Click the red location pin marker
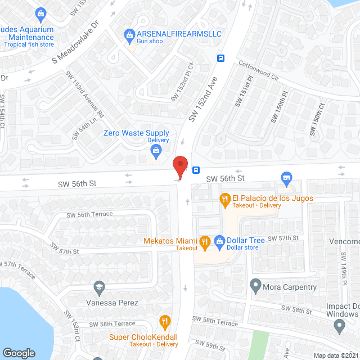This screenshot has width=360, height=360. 180,166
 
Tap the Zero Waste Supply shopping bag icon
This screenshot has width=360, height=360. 156,150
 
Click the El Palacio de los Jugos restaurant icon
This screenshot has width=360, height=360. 224,198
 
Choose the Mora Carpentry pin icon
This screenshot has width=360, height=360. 255,287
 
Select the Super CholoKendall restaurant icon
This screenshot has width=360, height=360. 164,323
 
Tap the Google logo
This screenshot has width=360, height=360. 19,353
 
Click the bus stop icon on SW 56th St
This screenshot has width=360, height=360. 196,170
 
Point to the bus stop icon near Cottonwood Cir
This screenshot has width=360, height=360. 221,57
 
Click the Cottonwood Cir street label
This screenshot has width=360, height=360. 258,71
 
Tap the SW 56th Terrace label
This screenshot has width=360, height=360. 89,214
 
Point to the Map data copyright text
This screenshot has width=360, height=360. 336,355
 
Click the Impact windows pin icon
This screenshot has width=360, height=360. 339,325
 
